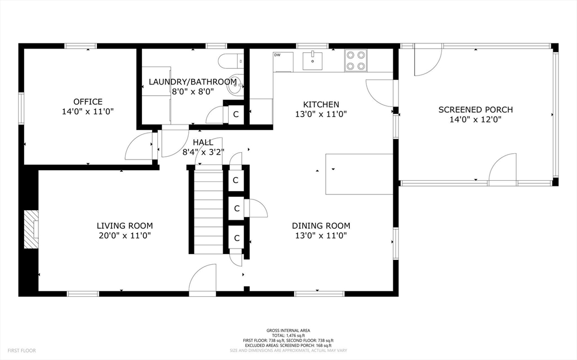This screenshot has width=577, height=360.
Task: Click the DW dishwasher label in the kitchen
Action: [277, 55]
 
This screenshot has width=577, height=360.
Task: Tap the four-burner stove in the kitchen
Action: [356, 60]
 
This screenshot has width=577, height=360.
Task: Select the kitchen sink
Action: [312, 61]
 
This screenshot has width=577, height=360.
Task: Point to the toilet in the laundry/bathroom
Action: [230, 61]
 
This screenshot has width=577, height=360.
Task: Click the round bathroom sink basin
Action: [234, 87]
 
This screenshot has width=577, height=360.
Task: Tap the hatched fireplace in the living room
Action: [32, 229]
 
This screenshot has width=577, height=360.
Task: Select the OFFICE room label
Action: [88, 101]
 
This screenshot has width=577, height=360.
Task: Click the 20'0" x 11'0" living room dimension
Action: [125, 235]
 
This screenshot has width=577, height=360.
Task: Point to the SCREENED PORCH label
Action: [476, 110]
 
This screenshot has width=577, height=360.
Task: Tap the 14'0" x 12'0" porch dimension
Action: [476, 119]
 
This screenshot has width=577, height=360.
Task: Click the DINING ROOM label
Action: [321, 226]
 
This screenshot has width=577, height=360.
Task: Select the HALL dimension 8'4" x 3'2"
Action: [203, 152]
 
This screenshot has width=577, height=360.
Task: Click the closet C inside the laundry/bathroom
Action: [236, 114]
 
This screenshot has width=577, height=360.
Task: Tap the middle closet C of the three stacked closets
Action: [237, 208]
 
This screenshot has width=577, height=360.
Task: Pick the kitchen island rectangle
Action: [359, 174]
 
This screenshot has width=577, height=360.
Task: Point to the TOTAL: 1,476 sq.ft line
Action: [288, 336]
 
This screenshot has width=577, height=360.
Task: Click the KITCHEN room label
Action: [321, 105]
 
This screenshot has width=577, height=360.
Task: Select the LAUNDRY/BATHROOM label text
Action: [193, 82]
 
